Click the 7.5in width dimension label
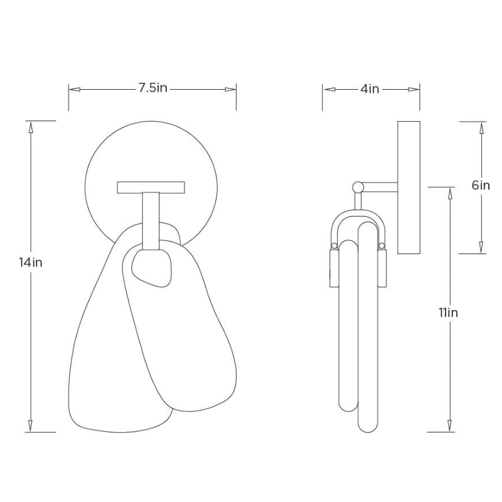[152, 88]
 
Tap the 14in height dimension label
[31, 262]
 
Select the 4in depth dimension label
[370, 89]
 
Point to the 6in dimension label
[481, 185]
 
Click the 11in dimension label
[449, 312]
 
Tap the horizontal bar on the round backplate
[151, 186]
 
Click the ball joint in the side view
[358, 186]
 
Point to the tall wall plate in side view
[409, 186]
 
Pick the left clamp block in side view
[334, 267]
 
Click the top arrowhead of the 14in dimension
[31, 125]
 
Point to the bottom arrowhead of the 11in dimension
[449, 426]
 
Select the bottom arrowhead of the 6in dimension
[481, 248]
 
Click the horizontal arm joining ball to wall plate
[380, 186]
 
